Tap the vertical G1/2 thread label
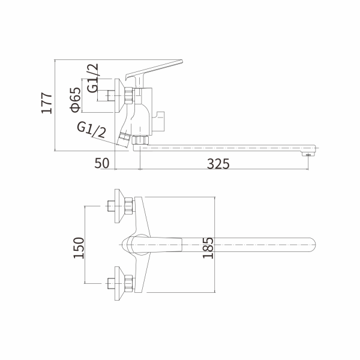pyautogui.click(x=93, y=78)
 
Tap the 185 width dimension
pyautogui.click(x=208, y=247)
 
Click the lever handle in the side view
pyautogui.click(x=153, y=68)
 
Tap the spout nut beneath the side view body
pyautogui.click(x=141, y=140)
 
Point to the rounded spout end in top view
pyautogui.click(x=312, y=246)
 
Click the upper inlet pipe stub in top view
pyautogui.click(x=111, y=206)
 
